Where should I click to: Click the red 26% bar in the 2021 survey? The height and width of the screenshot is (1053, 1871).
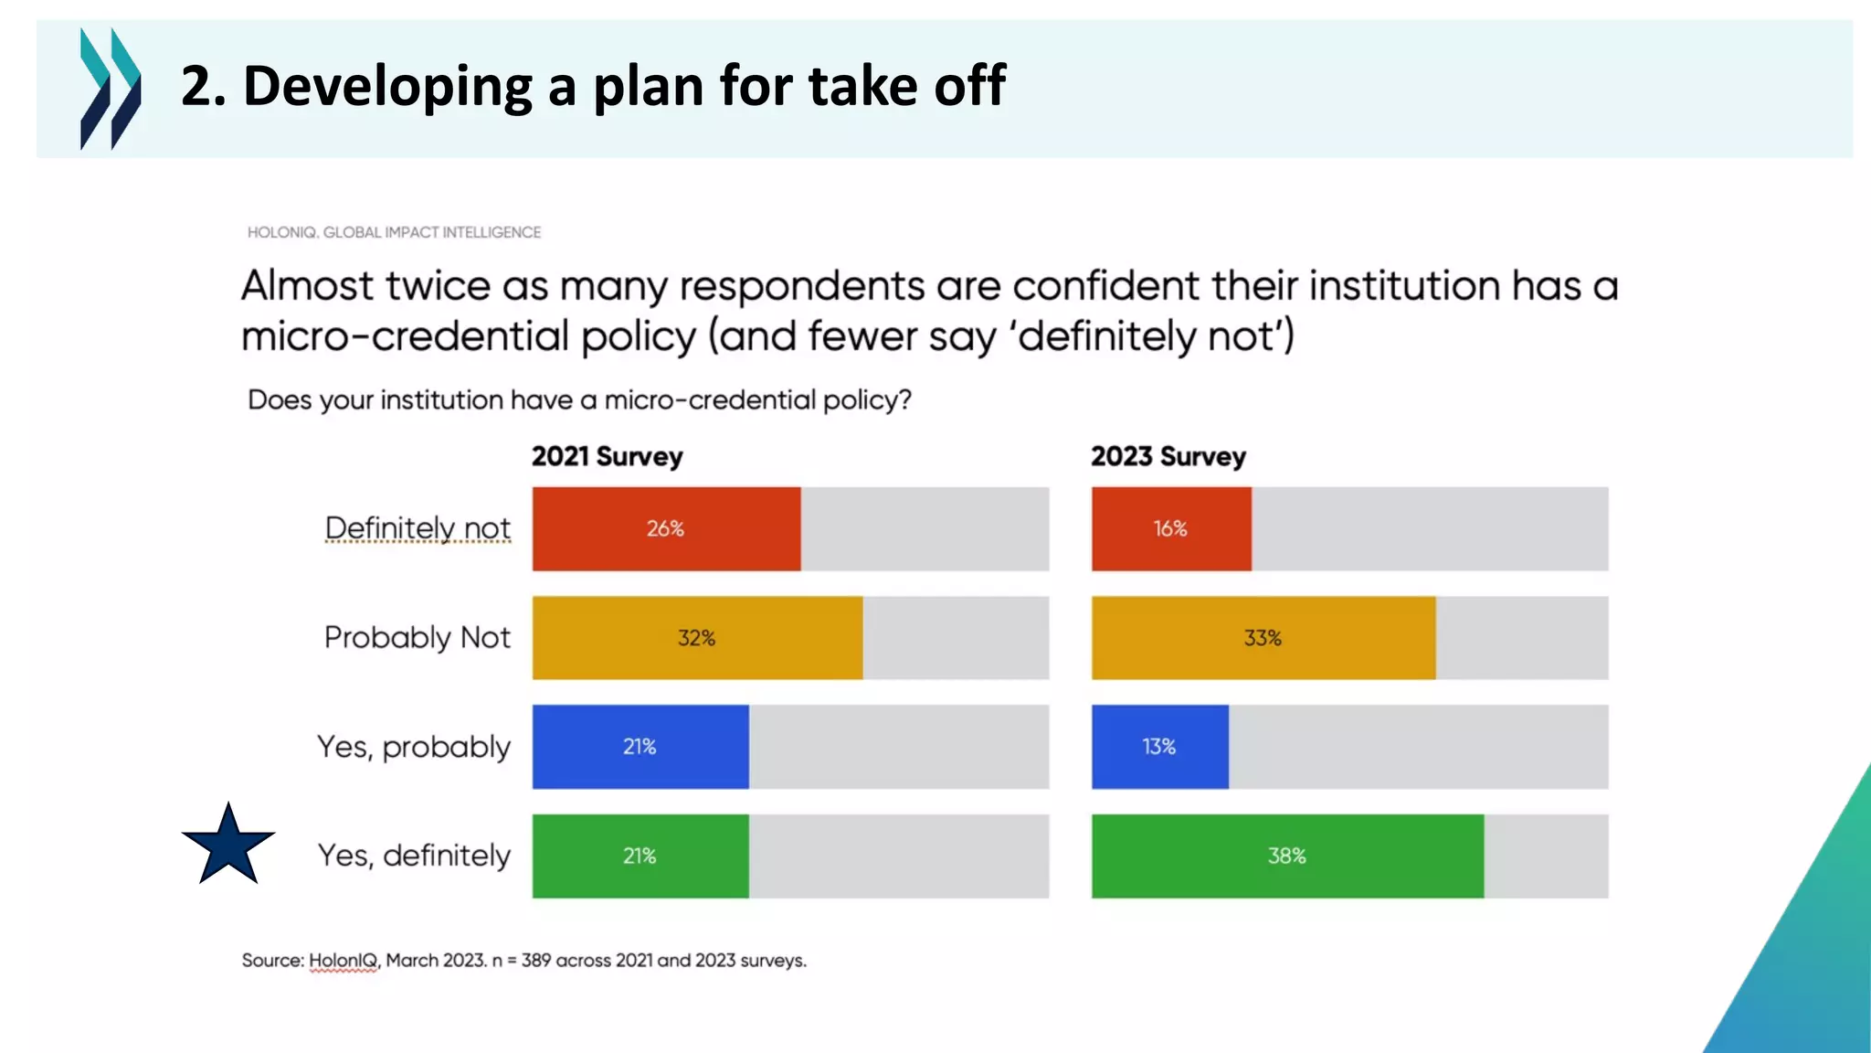pos(666,529)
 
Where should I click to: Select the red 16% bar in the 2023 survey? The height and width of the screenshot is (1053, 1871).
pos(1170,529)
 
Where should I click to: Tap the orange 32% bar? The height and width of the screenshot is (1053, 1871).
pos(697,638)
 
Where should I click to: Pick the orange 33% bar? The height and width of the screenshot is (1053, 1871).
pos(1263,638)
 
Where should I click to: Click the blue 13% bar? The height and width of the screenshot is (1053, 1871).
pos(1159,747)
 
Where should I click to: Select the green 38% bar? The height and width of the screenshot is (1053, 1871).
pos(1286,856)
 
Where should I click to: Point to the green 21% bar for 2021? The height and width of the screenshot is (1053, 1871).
pos(640,856)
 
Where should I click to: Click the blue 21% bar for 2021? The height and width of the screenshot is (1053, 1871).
pos(640,747)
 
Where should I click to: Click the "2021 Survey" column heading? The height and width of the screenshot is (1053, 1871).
pos(607,456)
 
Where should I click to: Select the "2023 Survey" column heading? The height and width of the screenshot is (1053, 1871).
pos(1168,456)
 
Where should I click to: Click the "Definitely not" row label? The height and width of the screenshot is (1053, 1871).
pos(418,528)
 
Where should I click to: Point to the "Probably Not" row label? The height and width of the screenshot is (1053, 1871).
pos(417,637)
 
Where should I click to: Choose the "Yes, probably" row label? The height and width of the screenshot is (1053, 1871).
pos(413,747)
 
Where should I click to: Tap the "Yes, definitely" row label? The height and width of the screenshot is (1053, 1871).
pos(413,856)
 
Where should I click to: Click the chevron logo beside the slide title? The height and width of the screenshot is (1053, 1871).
pos(110,89)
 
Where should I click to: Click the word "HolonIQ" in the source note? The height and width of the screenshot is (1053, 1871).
pos(343,961)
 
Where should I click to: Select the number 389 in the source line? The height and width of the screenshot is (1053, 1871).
pos(536,961)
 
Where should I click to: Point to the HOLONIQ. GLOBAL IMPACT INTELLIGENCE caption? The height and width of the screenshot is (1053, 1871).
pos(394,232)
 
